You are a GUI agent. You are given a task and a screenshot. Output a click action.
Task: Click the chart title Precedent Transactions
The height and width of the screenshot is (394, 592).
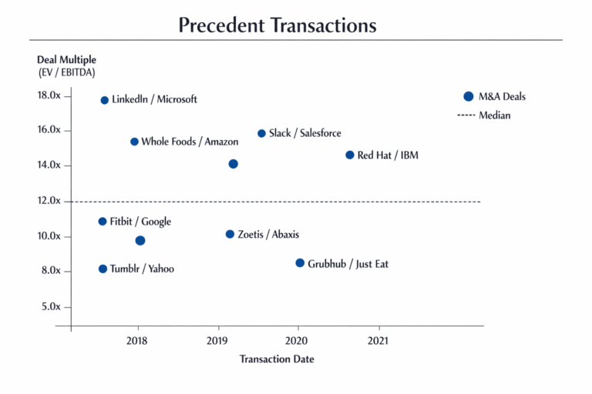pos(277,25)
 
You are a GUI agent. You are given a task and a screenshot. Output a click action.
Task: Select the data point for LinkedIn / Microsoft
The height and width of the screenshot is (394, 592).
pos(105,100)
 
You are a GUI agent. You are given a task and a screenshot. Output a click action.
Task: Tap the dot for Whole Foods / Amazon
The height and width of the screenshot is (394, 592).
pos(134,142)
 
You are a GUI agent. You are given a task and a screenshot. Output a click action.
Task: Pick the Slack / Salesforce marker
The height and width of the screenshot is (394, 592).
pos(261,133)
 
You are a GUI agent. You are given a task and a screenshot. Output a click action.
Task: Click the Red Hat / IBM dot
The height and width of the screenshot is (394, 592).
pos(350,155)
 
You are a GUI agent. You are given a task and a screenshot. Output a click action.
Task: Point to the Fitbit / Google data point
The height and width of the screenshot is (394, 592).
pos(103,222)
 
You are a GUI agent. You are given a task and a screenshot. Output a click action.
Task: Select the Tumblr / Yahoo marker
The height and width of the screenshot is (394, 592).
pos(103,269)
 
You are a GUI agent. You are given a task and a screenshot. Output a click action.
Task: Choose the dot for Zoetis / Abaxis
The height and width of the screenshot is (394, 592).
pos(230,234)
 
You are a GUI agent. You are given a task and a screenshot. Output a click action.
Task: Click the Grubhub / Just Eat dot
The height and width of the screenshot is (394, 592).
pos(300,263)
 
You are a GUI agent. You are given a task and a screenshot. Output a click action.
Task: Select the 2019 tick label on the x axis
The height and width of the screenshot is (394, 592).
pos(217,340)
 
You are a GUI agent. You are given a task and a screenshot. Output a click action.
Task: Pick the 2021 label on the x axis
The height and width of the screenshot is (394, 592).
pos(378,340)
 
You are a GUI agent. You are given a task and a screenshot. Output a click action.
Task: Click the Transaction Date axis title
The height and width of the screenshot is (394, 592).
pos(277,359)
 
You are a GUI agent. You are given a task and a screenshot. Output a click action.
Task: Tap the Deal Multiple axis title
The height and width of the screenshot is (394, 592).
pos(66,60)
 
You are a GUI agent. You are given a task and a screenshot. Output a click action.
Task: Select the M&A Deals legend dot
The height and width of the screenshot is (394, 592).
pos(468,96)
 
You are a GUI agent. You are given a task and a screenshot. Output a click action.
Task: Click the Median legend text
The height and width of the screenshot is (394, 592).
pos(494,115)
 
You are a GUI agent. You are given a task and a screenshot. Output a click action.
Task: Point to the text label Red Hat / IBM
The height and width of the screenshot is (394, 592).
pos(388,155)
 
